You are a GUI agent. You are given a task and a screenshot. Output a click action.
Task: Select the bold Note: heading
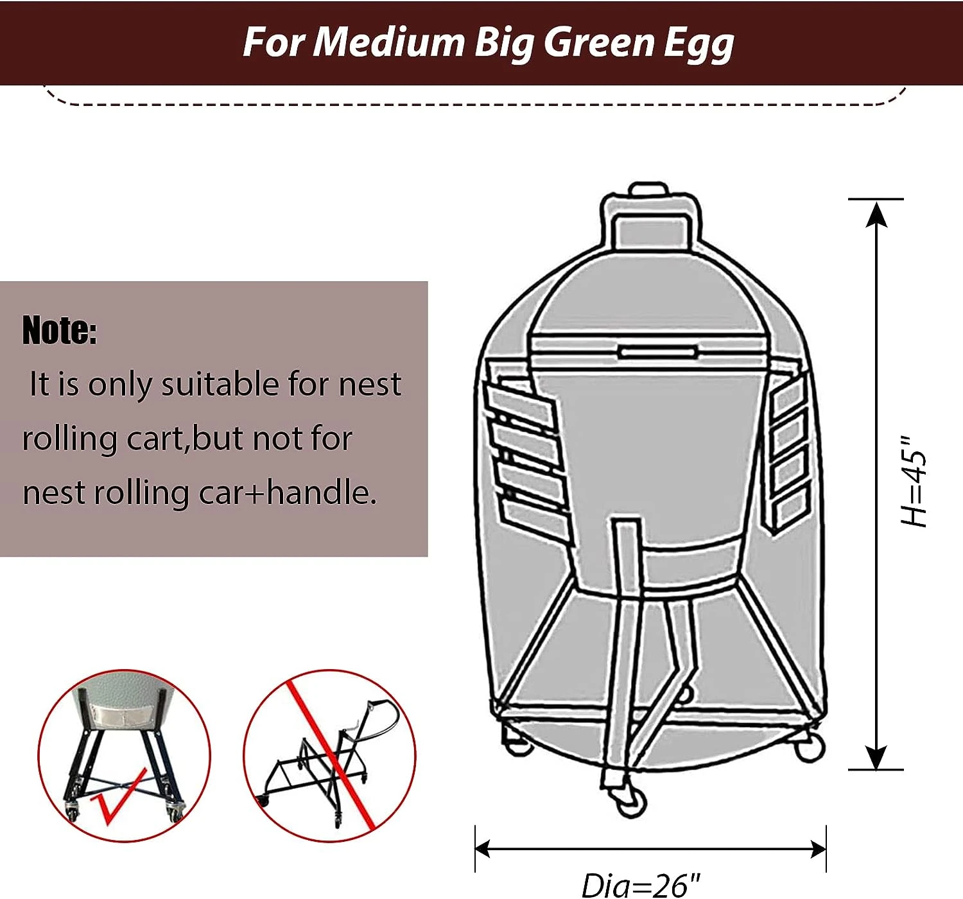(60, 331)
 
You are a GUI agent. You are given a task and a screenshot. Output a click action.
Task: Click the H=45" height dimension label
(913, 481)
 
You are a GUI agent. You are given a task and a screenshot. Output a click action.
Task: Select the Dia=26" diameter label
(641, 885)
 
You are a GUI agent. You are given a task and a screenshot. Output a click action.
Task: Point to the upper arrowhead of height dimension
(876, 214)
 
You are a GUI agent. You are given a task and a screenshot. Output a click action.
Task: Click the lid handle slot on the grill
(659, 353)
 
